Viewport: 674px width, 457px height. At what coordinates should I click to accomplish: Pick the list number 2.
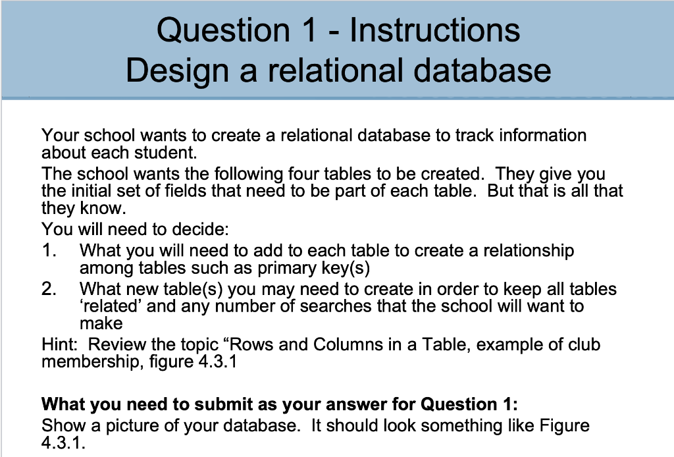(48, 289)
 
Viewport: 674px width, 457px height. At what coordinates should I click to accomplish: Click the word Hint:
(61, 344)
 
